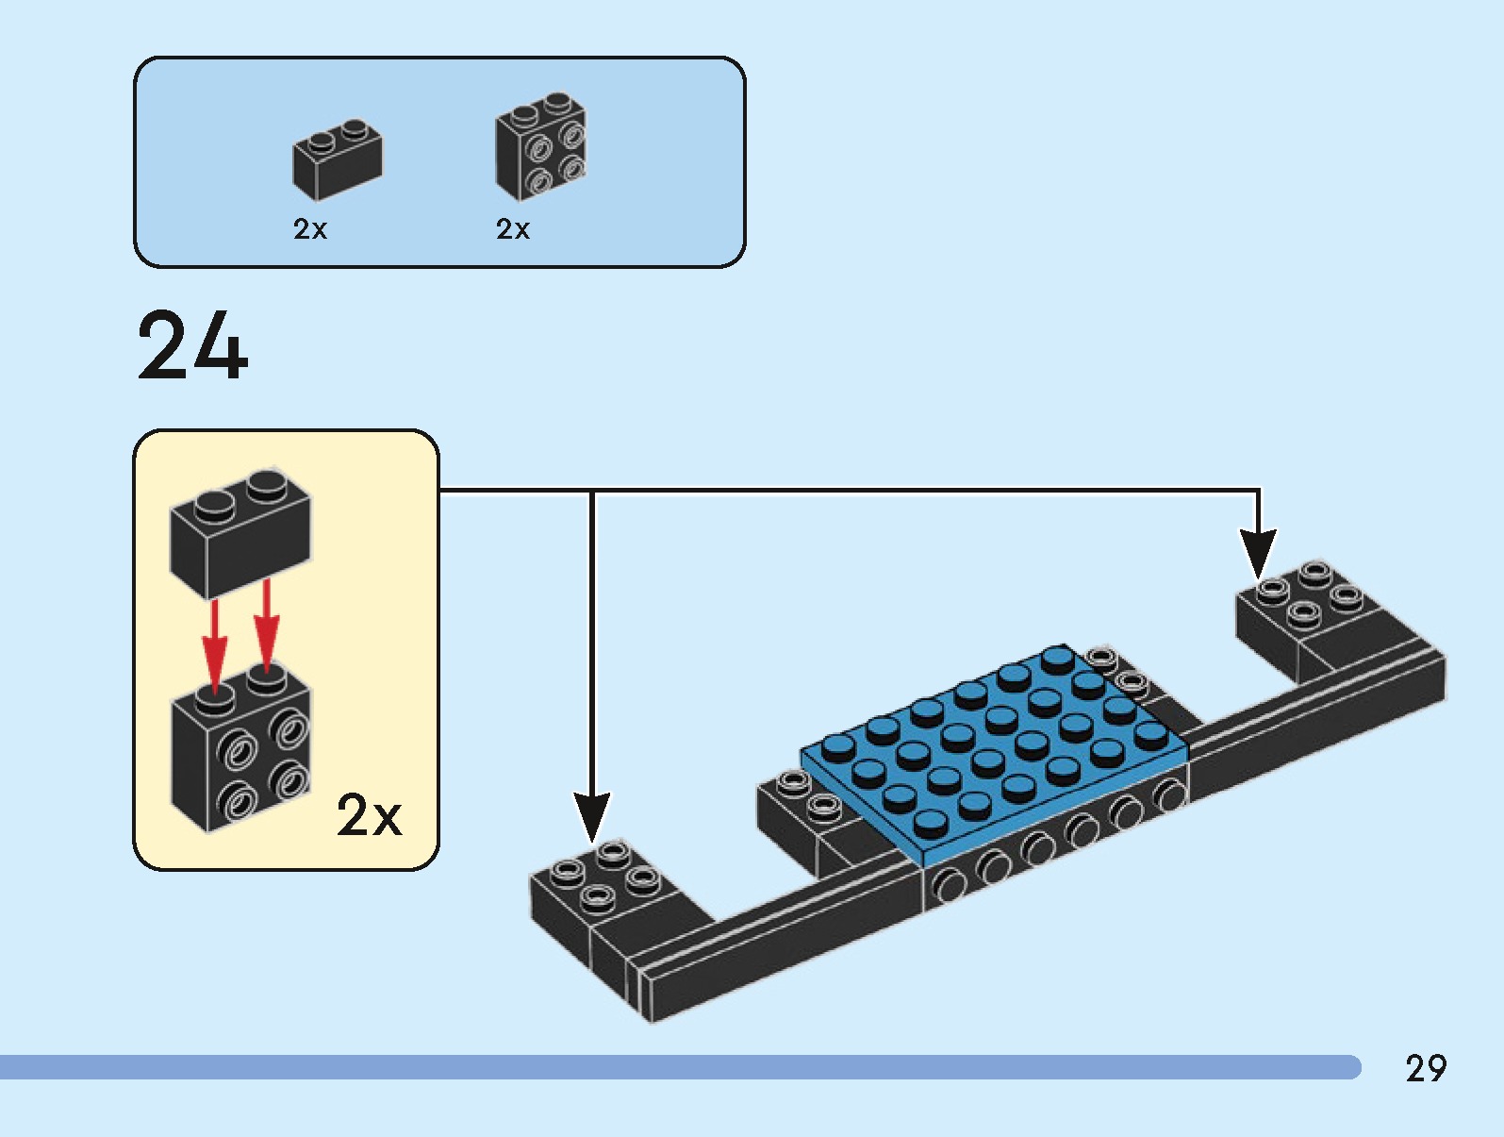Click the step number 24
192,346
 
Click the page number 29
1425,1068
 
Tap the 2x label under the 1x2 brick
309,229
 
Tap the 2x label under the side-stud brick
512,229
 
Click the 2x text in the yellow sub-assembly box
369,815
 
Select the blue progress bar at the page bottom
679,1067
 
